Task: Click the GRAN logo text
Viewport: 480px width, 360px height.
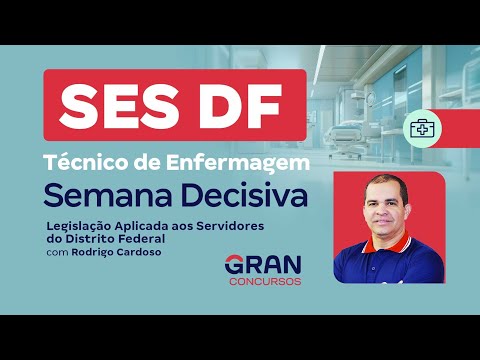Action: [262, 266]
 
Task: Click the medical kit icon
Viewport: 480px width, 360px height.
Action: [421, 128]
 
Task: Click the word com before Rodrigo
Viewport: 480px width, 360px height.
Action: [58, 252]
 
